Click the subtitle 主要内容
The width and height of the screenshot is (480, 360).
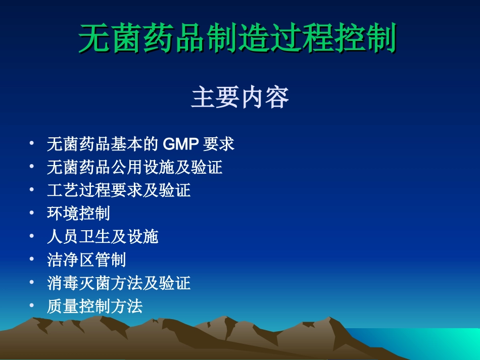coord(239,98)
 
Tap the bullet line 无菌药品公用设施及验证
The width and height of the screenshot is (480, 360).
coord(134,167)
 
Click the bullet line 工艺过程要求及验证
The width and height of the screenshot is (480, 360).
coord(119,190)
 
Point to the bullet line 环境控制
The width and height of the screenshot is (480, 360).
coord(78,213)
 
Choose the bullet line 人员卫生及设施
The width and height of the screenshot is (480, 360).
coord(103,236)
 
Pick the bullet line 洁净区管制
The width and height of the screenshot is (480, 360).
coord(86,260)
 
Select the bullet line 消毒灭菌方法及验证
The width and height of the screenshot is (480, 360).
coord(119,283)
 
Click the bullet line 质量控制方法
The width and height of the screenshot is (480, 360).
coord(94,306)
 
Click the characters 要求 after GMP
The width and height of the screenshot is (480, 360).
coord(219,144)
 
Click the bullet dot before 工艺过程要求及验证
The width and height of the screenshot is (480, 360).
coord(32,189)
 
